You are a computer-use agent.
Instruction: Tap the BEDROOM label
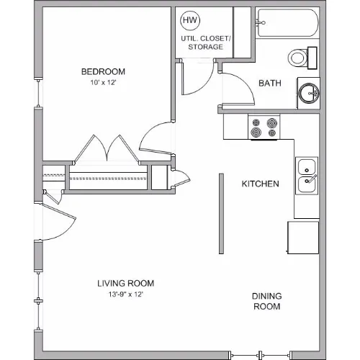click(103, 71)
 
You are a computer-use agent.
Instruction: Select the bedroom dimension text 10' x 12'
click(103, 83)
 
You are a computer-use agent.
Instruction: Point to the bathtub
click(287, 23)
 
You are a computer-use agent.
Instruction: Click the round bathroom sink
click(309, 93)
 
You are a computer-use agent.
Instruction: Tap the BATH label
click(270, 83)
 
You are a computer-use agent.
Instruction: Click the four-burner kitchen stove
click(264, 127)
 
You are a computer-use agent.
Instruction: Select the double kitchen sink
click(307, 176)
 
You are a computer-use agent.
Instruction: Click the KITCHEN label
click(260, 184)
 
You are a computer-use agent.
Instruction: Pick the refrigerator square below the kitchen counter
click(303, 238)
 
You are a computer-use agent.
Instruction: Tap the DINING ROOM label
click(267, 301)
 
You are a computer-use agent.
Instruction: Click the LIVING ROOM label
click(125, 284)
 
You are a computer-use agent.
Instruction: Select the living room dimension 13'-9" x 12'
click(126, 294)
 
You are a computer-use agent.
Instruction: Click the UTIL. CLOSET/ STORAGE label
click(205, 42)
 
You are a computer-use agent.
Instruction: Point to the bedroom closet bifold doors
click(107, 150)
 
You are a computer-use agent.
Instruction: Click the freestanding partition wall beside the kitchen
click(221, 214)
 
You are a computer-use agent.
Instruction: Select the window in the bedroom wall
click(38, 93)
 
